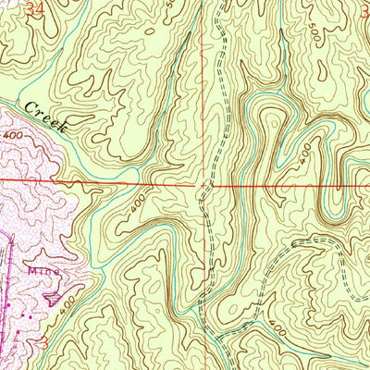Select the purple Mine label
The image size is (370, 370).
[40, 275]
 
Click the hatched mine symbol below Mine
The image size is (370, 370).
[55, 295]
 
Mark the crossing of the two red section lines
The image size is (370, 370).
[203, 183]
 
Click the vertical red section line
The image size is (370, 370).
[203, 92]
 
